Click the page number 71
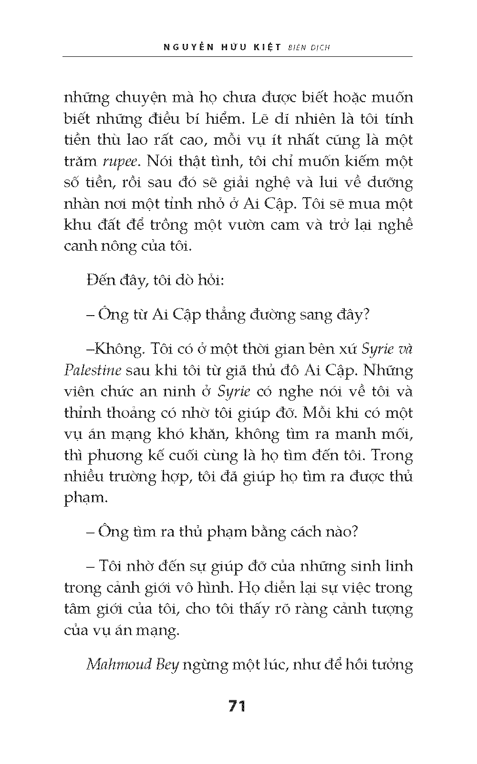[x=237, y=706]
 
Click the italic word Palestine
[x=93, y=371]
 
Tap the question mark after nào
[x=353, y=531]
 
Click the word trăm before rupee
[x=80, y=161]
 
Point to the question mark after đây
[x=366, y=315]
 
